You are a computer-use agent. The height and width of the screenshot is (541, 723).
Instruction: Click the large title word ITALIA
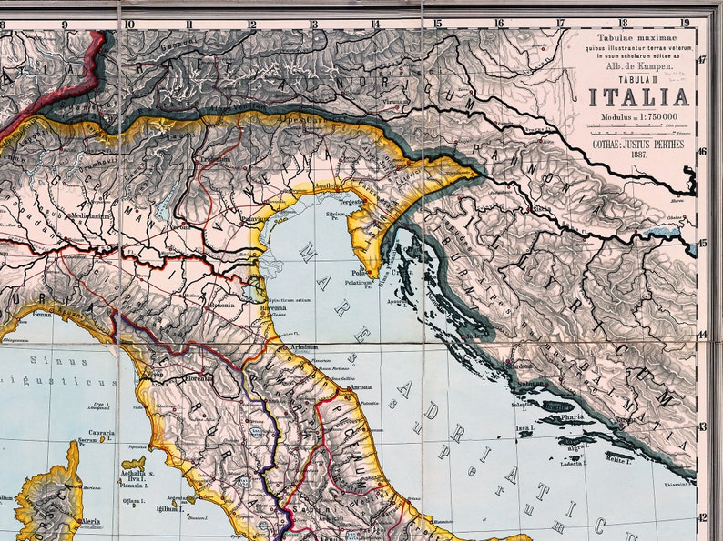(638, 98)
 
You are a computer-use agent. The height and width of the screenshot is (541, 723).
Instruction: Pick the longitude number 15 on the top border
(437, 24)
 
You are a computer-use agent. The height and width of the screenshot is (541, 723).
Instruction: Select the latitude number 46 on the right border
(702, 152)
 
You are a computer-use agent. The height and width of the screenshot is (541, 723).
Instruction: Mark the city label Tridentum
(216, 158)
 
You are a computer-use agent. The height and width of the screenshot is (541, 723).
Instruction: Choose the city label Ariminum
(305, 346)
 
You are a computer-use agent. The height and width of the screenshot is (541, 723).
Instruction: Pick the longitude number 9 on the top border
(65, 24)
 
